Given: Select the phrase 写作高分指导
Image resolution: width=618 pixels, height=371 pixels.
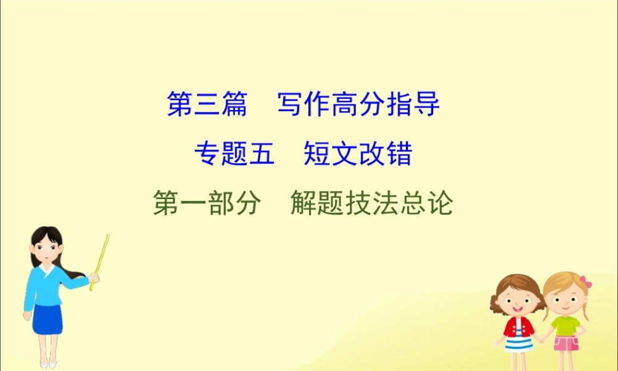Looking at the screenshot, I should coord(358,104).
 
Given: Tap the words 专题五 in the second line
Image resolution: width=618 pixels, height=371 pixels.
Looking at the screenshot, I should coord(234,154).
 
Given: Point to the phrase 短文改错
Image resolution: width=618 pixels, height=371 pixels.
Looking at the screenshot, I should coord(358,154).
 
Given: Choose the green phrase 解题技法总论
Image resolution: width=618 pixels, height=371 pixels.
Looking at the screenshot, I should coord(371,203).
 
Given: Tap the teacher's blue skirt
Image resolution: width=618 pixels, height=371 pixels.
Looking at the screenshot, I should coord(48,318).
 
